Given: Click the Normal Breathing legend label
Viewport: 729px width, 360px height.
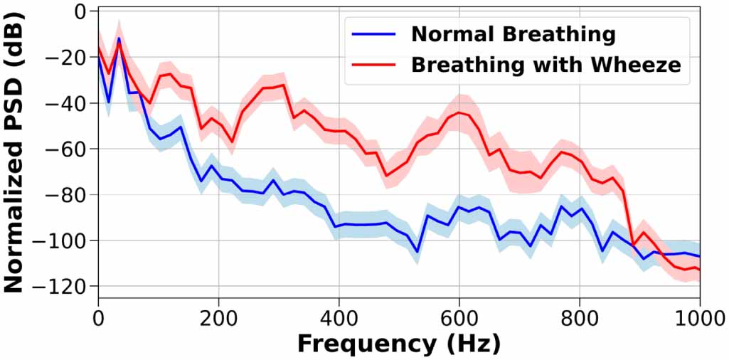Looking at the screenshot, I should pyautogui.click(x=512, y=33).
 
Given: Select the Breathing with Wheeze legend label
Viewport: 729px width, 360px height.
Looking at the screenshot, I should pyautogui.click(x=546, y=65).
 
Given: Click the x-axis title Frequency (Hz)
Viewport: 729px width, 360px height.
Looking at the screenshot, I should pyautogui.click(x=398, y=343).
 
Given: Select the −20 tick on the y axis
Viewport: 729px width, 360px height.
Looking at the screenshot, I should pyautogui.click(x=68, y=58).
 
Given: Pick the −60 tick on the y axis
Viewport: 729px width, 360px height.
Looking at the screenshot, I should pyautogui.click(x=68, y=149).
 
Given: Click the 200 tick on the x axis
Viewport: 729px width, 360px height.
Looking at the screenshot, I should pyautogui.click(x=218, y=314).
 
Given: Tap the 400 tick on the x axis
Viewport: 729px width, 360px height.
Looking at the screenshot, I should pyautogui.click(x=339, y=314).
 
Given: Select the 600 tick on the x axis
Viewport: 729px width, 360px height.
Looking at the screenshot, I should pyautogui.click(x=459, y=314).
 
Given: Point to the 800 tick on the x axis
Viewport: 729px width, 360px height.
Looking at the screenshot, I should pyautogui.click(x=579, y=314).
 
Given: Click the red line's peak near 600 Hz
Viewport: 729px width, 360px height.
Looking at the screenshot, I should pyautogui.click(x=459, y=112).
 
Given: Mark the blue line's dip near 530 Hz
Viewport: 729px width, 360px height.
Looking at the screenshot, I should pyautogui.click(x=417, y=251).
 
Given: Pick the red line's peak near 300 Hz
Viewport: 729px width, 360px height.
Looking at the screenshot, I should pyautogui.click(x=283, y=85).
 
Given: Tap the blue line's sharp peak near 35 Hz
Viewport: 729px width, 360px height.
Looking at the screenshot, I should pyautogui.click(x=119, y=38).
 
